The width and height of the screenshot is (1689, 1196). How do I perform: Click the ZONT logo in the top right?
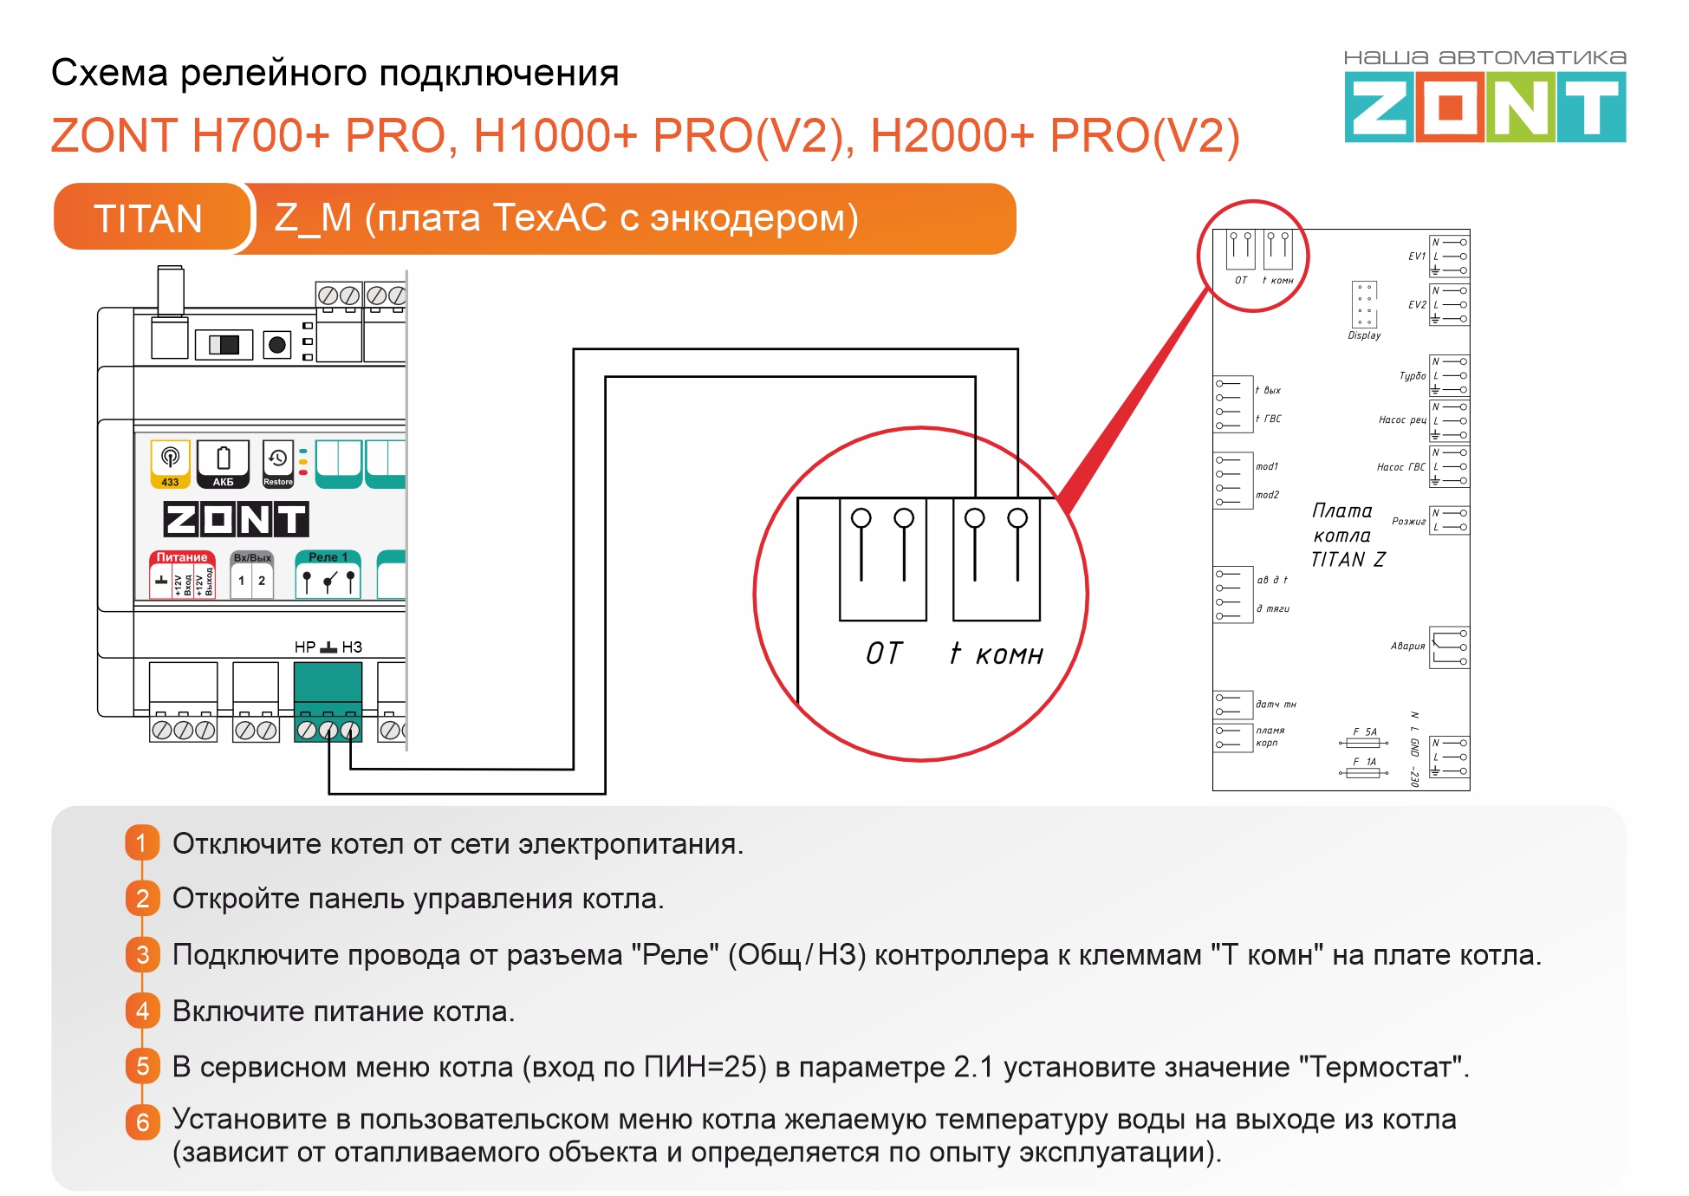[1484, 107]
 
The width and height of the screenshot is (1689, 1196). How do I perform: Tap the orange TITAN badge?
[148, 218]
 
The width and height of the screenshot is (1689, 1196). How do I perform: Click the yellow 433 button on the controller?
[170, 464]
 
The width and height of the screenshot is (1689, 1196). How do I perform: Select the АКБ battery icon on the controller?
[223, 464]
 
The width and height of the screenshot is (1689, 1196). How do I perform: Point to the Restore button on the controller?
[277, 464]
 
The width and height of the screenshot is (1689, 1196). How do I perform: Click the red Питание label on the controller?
[182, 557]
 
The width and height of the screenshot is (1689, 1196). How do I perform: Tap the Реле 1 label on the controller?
[328, 557]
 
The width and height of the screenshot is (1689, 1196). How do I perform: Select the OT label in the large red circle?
[884, 653]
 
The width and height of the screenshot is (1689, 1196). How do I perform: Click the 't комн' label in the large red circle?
[997, 653]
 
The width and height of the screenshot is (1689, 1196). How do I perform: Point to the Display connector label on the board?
[1364, 335]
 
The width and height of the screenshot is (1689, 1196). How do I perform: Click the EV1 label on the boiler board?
[1416, 257]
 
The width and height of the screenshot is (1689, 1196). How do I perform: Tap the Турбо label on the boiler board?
[1412, 376]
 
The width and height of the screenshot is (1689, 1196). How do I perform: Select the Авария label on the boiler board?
[1407, 646]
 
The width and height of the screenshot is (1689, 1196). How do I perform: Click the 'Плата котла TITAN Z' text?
[1347, 536]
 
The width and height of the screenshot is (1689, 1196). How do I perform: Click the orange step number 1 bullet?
[142, 842]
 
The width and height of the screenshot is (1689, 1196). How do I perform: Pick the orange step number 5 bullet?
[142, 1066]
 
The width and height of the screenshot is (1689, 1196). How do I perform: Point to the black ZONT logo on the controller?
[236, 519]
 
